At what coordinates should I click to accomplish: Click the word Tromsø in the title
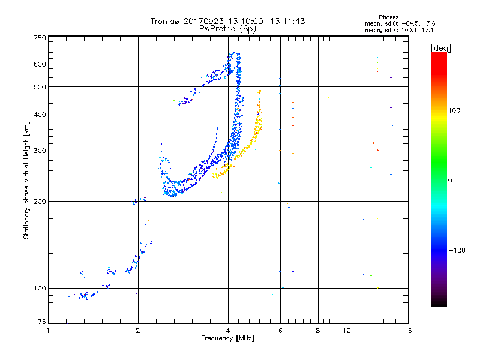click(x=164, y=21)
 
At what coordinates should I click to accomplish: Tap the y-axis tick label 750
click(x=40, y=37)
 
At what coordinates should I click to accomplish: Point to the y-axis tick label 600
click(x=40, y=64)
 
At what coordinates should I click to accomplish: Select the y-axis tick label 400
click(x=40, y=115)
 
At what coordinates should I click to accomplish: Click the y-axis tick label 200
click(x=40, y=202)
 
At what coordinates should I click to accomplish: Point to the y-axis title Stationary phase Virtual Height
click(x=26, y=180)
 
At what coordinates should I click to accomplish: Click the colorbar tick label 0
click(x=451, y=180)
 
